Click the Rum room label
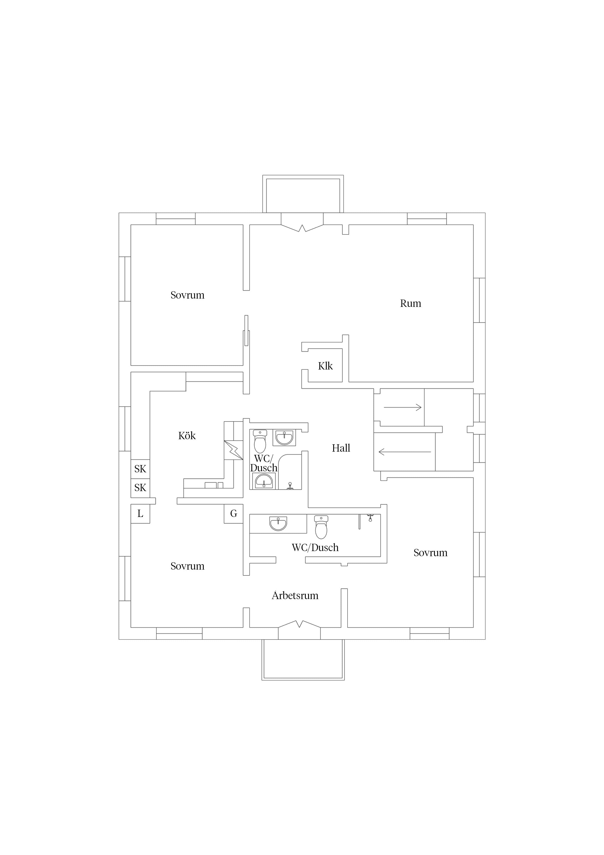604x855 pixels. point(410,303)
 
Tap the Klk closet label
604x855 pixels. point(325,366)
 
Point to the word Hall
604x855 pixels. point(341,448)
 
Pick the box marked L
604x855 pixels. point(140,514)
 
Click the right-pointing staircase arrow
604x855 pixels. point(403,407)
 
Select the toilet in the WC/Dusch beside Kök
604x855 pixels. point(260,441)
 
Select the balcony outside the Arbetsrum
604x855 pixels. point(303,660)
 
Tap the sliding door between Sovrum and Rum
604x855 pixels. point(246,331)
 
